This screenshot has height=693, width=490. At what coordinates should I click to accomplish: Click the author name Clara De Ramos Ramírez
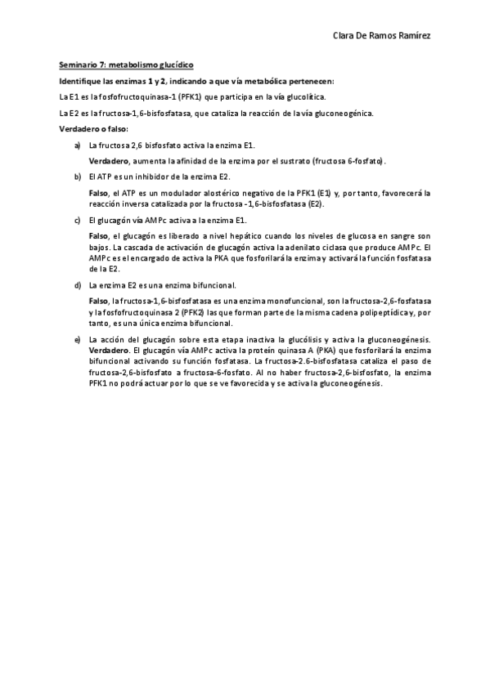pos(384,36)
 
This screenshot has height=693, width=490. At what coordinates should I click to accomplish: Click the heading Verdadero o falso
pos(93,129)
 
